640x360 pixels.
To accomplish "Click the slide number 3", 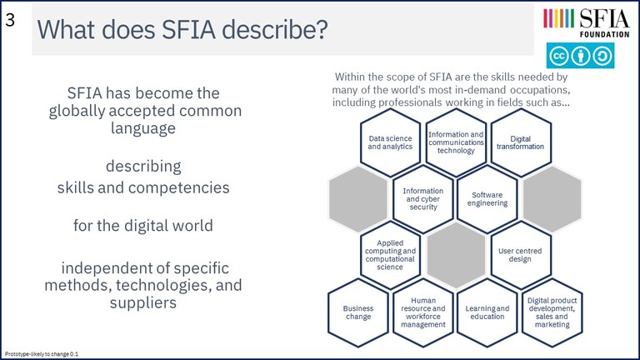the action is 10,20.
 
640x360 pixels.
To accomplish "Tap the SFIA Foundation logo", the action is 586,22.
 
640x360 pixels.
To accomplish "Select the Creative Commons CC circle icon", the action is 558,56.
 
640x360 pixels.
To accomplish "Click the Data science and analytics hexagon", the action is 390,142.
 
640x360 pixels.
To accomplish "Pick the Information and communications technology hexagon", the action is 456,142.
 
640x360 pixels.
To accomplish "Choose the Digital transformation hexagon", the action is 520,142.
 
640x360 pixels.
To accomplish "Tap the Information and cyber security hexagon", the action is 423,199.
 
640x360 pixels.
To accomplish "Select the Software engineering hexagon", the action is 487,199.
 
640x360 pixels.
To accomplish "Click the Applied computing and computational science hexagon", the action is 390,255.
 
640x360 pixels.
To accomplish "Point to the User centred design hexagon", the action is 520,255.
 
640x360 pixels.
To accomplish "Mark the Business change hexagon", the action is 358,312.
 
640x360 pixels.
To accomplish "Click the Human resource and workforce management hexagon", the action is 423,312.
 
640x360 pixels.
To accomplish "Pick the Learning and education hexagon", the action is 487,312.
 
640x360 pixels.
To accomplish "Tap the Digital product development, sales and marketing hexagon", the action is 552,312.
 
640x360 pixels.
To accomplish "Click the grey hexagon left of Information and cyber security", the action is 358,199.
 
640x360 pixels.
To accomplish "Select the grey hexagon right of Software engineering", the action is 552,199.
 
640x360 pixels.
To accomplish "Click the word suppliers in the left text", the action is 142,302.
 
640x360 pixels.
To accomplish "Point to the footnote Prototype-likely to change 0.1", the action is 41,354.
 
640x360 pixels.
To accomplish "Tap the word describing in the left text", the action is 143,167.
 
